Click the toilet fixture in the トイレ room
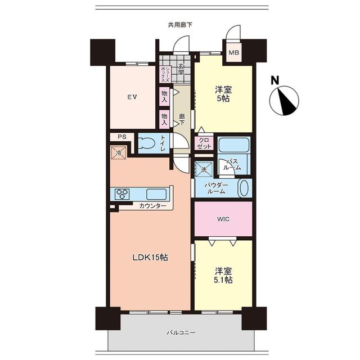pyautogui.click(x=146, y=144)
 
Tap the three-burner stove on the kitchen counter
pyautogui.click(x=122, y=194)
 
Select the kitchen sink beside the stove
pyautogui.click(x=156, y=194)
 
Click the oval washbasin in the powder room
pyautogui.click(x=244, y=188)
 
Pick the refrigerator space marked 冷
pyautogui.click(x=119, y=152)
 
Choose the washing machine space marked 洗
pyautogui.click(x=204, y=169)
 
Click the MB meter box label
pyautogui.click(x=234, y=52)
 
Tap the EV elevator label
pyautogui.click(x=133, y=97)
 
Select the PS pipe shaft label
pyautogui.click(x=122, y=137)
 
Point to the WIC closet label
pyautogui.click(x=223, y=219)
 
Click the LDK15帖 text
pyautogui.click(x=150, y=258)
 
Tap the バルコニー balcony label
pyautogui.click(x=181, y=332)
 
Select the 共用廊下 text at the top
pyautogui.click(x=180, y=25)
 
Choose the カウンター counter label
pyautogui.click(x=152, y=206)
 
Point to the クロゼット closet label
pyautogui.click(x=204, y=143)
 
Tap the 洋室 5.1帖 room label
pyautogui.click(x=223, y=275)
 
